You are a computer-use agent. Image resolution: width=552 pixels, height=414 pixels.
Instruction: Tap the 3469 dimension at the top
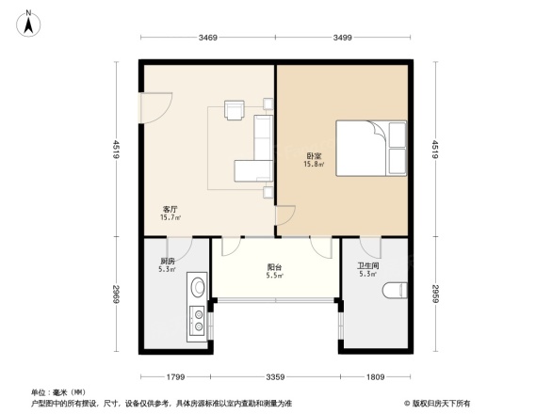pyautogui.click(x=208, y=38)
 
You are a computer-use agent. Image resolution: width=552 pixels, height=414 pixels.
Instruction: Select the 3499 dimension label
pyautogui.click(x=342, y=38)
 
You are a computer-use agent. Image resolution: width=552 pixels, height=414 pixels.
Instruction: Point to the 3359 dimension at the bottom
pyautogui.click(x=275, y=378)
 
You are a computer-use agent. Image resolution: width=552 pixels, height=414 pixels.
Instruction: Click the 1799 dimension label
pyautogui.click(x=175, y=378)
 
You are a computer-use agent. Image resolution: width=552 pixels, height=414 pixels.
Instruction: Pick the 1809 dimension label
pyautogui.click(x=376, y=378)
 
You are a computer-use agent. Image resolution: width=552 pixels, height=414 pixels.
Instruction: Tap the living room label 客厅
pyautogui.click(x=170, y=210)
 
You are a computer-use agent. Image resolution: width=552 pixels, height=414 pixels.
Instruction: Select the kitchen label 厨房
pyautogui.click(x=167, y=261)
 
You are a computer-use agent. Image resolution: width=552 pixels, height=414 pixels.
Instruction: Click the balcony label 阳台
pyautogui.click(x=274, y=267)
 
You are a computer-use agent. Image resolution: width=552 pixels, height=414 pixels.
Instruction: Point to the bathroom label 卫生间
pyautogui.click(x=367, y=266)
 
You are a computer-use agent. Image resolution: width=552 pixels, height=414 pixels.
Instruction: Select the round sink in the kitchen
pyautogui.click(x=199, y=288)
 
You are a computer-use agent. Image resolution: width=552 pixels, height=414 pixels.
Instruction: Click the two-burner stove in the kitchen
pyautogui.click(x=199, y=320)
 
